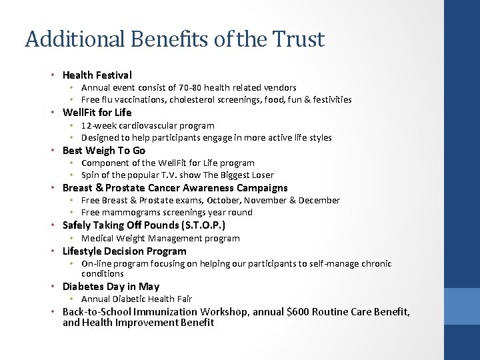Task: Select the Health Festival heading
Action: pyautogui.click(x=97, y=75)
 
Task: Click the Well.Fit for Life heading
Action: pyautogui.click(x=97, y=113)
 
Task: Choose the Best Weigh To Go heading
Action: pyautogui.click(x=103, y=151)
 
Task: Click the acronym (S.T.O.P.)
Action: pyautogui.click(x=207, y=225)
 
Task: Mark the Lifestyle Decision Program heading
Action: pyautogui.click(x=125, y=251)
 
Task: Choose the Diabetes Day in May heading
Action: pyautogui.click(x=111, y=287)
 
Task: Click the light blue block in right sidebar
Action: pyautogui.click(x=462, y=307)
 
